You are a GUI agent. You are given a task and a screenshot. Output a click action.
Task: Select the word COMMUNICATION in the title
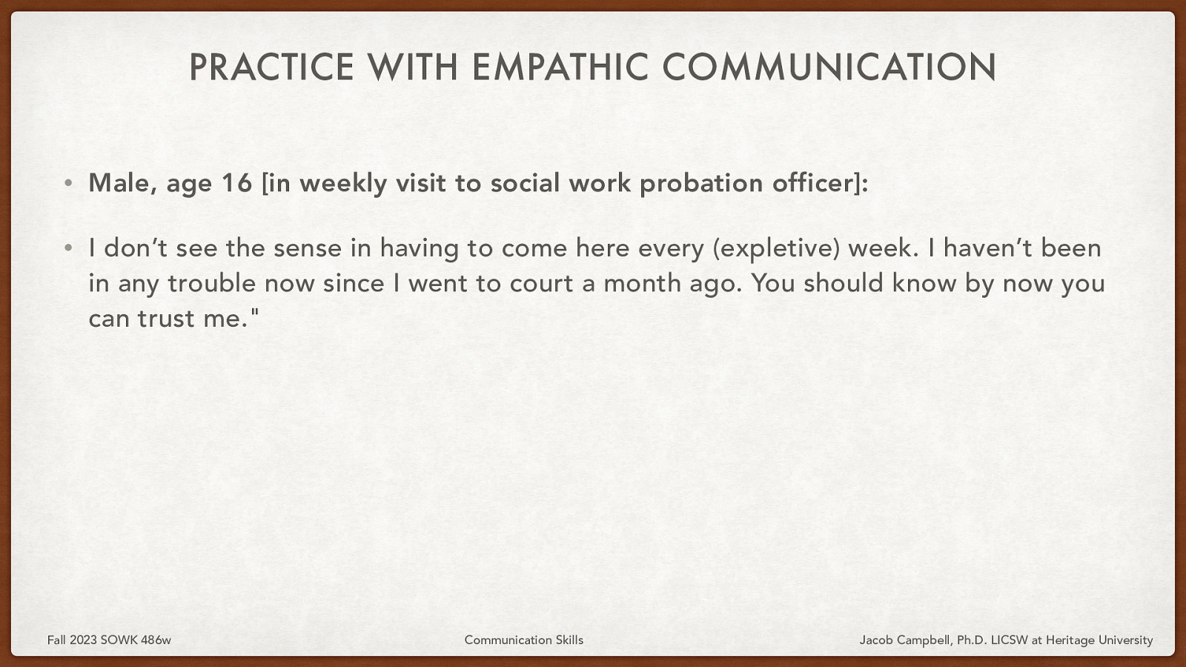pos(829,67)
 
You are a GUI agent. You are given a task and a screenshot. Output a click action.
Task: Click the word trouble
pos(211,283)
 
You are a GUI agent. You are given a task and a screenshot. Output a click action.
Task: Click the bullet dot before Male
pos(68,183)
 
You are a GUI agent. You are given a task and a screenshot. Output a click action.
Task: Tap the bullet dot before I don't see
pos(68,248)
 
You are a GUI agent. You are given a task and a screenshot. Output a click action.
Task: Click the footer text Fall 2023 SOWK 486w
pos(109,640)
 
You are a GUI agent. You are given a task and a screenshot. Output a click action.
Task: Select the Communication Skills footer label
pos(523,640)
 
